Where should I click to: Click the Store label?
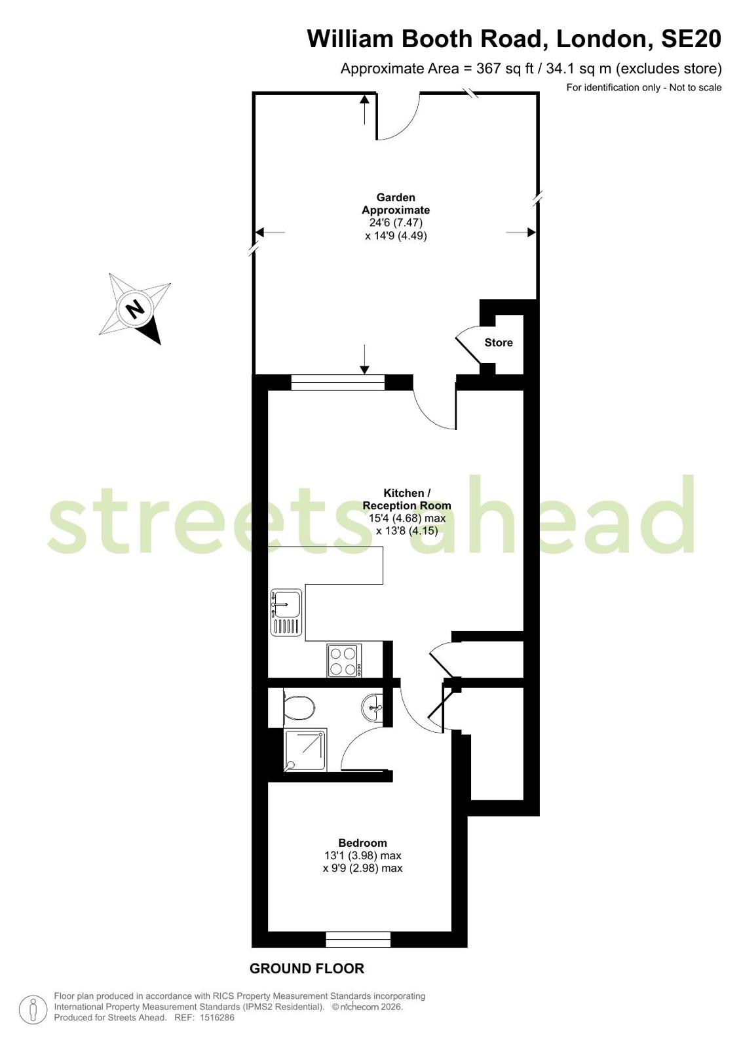click(498, 343)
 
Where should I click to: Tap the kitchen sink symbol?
click(286, 612)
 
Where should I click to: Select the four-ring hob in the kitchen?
click(345, 661)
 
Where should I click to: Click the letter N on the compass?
click(136, 308)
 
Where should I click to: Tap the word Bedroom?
click(362, 843)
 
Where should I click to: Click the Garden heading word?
click(396, 197)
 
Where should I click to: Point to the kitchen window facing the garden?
click(338, 382)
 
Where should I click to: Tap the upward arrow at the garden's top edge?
click(364, 109)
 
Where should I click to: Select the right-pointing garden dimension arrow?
click(521, 232)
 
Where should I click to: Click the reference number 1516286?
click(217, 1017)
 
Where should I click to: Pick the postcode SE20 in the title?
click(691, 39)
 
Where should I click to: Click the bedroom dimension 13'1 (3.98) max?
click(363, 855)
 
